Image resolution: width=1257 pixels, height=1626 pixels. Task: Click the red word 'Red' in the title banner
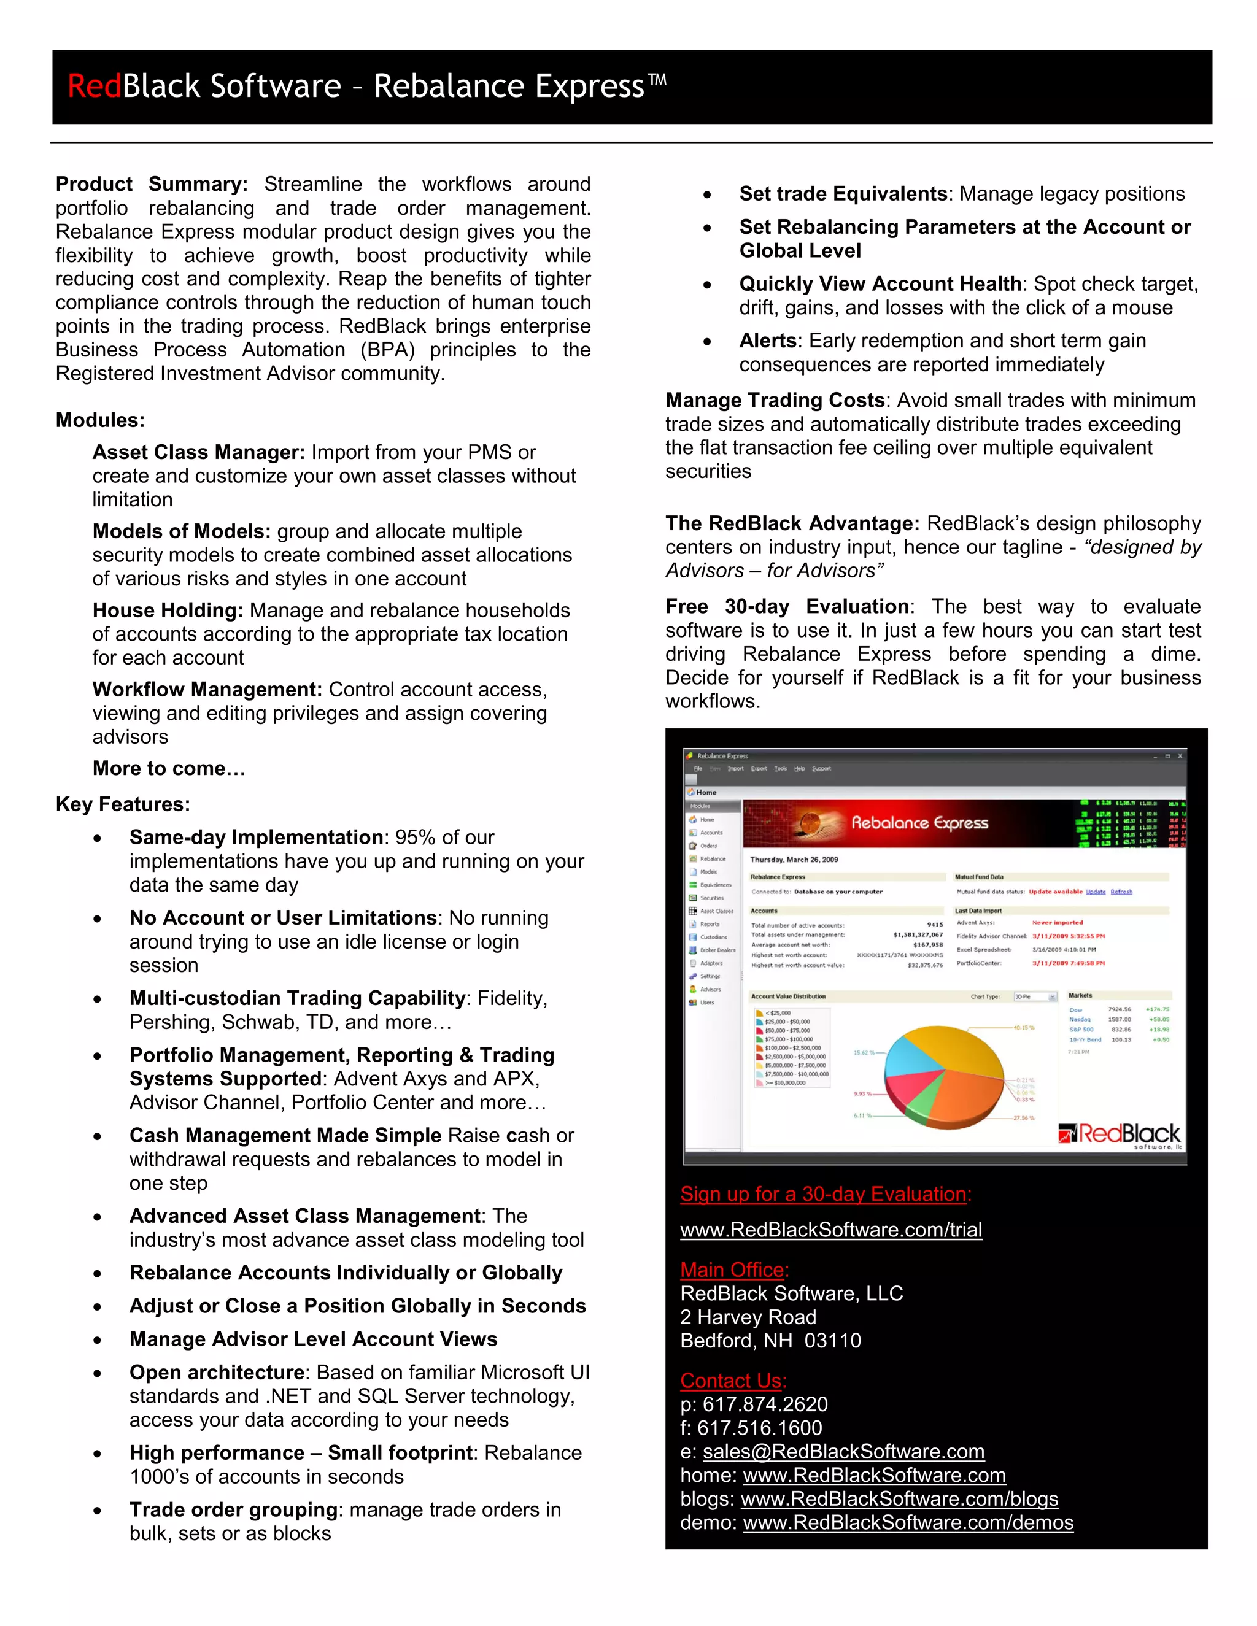point(94,87)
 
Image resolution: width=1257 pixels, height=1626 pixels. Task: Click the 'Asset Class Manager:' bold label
point(198,452)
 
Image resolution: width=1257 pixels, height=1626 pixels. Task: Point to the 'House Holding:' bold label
point(168,610)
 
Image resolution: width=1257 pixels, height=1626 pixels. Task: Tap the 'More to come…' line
point(169,768)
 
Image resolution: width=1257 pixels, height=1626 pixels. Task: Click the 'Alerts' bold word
point(768,341)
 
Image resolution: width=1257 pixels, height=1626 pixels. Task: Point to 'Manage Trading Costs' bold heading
point(775,400)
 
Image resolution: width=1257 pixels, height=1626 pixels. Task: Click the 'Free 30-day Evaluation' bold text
point(786,606)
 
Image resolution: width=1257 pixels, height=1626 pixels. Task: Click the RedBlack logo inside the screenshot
point(1120,1135)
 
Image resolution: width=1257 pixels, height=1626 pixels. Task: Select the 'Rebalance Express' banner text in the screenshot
point(919,823)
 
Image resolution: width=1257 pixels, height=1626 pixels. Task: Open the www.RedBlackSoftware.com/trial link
point(830,1229)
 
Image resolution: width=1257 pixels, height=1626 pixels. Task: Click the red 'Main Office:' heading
point(734,1270)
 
